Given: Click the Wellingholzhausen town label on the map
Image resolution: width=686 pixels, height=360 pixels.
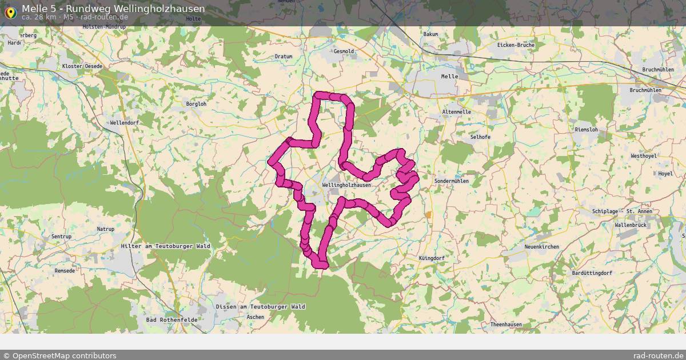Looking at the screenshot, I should click(346, 185).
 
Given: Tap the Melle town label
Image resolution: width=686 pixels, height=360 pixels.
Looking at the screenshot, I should click(450, 76).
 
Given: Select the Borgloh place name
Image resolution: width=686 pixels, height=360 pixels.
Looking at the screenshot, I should click(196, 104).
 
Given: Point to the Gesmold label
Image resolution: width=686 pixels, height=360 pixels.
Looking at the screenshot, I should click(344, 51).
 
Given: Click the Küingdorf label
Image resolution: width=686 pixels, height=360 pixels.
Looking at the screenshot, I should click(431, 258).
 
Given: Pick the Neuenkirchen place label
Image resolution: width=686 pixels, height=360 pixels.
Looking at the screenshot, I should click(541, 247).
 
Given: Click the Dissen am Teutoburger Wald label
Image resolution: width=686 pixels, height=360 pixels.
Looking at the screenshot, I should click(260, 307).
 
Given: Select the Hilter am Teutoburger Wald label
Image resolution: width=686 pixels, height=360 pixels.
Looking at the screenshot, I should click(166, 246).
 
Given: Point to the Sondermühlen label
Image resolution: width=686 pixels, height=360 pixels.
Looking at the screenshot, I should click(452, 181).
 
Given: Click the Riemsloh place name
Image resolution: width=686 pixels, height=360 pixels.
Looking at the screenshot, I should click(586, 130).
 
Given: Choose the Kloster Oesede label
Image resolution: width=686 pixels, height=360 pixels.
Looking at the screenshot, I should click(82, 66).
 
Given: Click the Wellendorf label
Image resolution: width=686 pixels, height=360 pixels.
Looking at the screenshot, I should click(124, 123).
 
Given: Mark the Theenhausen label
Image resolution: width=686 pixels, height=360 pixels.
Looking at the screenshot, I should click(506, 325).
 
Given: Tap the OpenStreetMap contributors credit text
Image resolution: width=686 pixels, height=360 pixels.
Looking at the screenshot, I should click(59, 355).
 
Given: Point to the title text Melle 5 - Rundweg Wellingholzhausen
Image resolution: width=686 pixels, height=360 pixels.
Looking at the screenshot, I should click(113, 9).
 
